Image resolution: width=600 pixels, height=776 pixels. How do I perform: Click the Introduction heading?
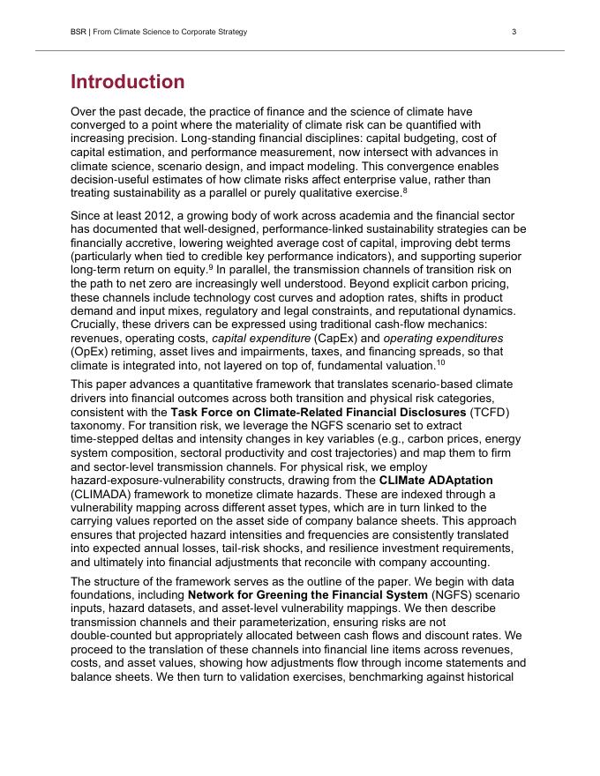128,82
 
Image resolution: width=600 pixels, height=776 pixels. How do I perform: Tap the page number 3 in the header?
514,32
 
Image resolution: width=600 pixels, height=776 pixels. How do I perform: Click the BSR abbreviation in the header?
79,32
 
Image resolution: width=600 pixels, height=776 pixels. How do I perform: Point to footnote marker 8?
405,190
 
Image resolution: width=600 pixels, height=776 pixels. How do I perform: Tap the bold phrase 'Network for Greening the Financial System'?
314,595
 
